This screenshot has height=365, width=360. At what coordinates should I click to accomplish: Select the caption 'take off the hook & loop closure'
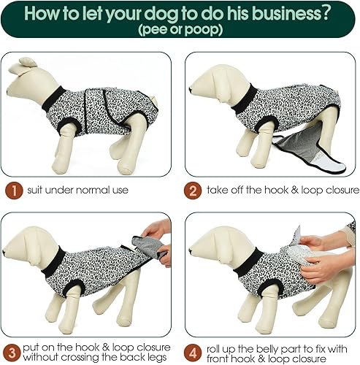tap(275, 190)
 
